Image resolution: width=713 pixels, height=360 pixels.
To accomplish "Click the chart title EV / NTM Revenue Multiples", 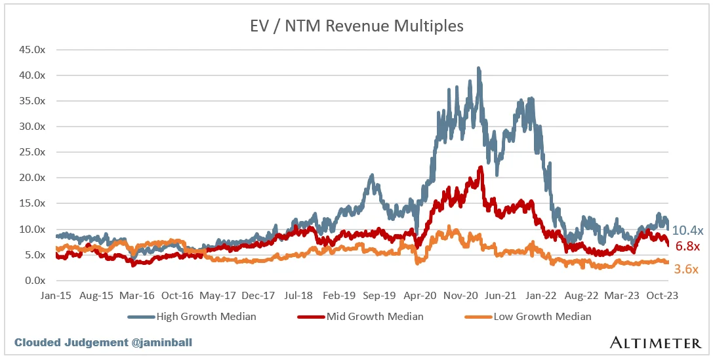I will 356,26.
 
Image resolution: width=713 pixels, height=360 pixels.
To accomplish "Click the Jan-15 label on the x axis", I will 56,295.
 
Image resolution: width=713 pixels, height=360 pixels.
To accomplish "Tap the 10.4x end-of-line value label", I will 688,230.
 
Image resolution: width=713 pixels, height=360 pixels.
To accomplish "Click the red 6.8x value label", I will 688,247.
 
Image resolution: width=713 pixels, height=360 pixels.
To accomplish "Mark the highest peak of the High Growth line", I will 479,68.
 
